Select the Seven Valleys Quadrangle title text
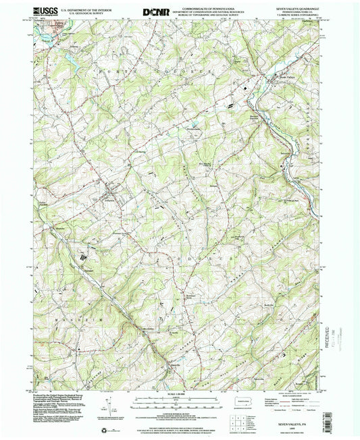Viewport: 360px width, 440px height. point(296,8)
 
